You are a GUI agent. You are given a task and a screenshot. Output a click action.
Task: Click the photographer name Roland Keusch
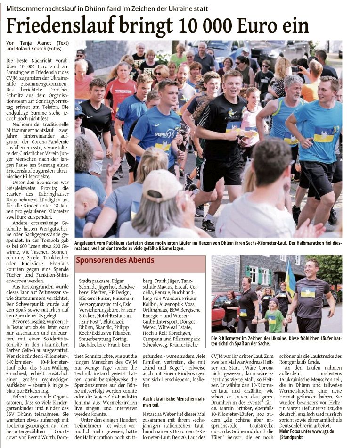click(x=38, y=49)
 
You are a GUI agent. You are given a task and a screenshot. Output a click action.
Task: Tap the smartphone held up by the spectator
click(x=296, y=69)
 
